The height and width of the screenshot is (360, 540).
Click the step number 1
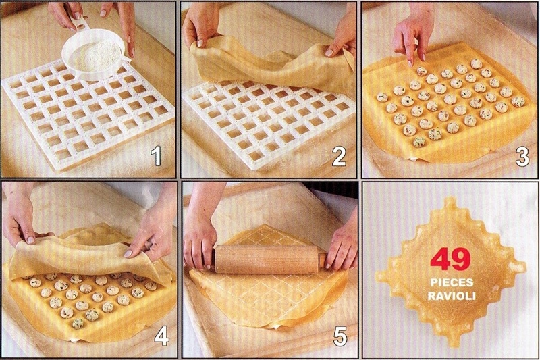point(156,157)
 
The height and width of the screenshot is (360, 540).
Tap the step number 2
point(337,157)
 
